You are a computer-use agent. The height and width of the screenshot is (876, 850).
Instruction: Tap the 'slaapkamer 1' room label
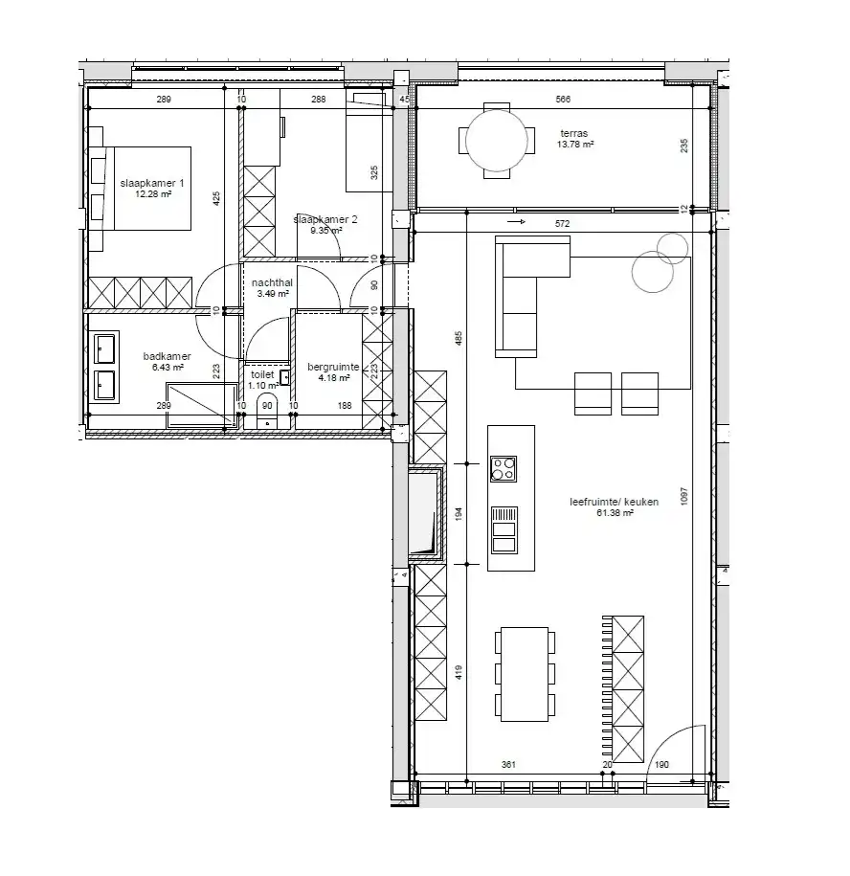tap(152, 182)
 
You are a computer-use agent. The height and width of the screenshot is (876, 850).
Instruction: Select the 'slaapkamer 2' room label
tap(325, 219)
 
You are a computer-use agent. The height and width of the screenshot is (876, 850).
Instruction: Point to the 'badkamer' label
tap(168, 356)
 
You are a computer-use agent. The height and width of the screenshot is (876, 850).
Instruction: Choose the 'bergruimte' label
tap(333, 367)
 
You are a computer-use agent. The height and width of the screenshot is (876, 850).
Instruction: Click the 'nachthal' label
tap(272, 283)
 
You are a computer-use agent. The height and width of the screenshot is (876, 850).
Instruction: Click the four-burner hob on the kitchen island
tap(503, 468)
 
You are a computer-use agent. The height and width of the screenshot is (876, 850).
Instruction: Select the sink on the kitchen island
tap(503, 530)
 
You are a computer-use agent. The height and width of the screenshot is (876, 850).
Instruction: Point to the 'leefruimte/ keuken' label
tap(600, 501)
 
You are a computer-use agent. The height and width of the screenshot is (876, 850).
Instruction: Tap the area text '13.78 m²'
tap(576, 146)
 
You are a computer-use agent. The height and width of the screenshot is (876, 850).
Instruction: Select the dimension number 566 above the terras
tap(563, 100)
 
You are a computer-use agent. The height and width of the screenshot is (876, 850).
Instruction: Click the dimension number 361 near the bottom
tap(508, 764)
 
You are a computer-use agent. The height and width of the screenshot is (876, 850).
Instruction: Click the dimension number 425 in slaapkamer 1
tap(217, 199)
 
